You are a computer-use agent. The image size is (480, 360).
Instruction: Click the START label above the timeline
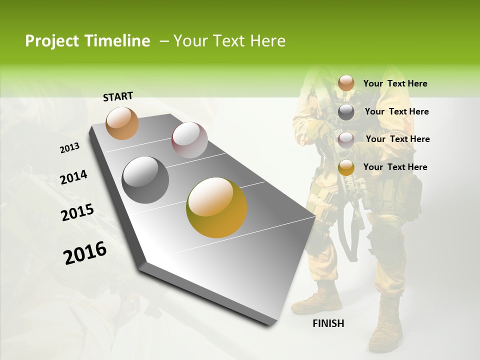click(118, 96)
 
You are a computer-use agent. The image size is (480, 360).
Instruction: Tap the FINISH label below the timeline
click(328, 323)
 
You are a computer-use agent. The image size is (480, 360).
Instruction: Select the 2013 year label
click(69, 148)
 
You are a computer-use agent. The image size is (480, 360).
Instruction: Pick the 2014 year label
click(73, 177)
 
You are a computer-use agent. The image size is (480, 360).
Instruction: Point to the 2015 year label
click(77, 212)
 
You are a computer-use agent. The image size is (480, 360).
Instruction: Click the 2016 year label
click(85, 253)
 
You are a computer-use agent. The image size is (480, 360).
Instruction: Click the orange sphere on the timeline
click(122, 123)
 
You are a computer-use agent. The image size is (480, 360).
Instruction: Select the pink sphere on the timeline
click(189, 140)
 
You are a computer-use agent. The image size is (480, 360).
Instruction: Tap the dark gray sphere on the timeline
click(145, 180)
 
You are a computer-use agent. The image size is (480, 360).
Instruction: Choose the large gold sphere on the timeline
click(216, 207)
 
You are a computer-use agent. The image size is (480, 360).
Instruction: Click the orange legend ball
click(346, 83)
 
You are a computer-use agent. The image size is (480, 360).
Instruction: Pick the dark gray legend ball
click(346, 112)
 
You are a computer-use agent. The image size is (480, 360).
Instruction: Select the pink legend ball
click(346, 140)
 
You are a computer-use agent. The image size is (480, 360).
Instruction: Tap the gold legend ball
click(346, 167)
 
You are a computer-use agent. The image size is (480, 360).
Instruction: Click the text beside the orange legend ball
click(395, 84)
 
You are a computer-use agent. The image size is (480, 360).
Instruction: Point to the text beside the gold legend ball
click(395, 167)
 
